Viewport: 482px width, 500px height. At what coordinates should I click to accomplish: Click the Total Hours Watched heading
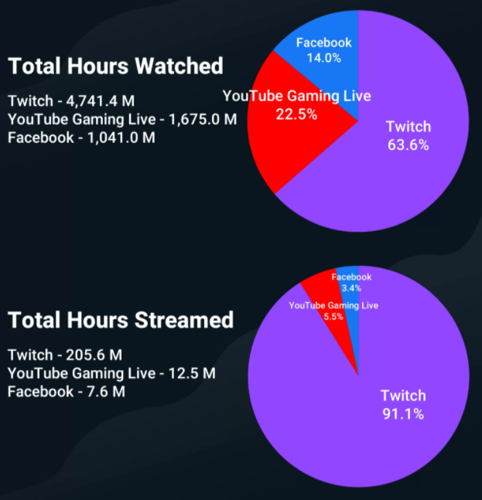(115, 66)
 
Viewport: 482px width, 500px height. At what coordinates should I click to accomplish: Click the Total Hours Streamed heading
(120, 319)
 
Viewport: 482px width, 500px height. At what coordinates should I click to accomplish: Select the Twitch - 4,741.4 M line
(80, 101)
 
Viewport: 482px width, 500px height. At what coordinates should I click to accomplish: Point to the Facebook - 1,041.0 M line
(81, 138)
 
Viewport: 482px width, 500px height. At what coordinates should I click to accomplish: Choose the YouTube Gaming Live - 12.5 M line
(111, 373)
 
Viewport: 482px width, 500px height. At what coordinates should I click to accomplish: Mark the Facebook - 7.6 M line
(66, 392)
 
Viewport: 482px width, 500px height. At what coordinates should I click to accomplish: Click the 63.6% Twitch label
(409, 145)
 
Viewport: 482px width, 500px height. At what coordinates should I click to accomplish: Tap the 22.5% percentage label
(296, 114)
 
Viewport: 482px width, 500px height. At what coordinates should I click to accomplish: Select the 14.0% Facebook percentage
(323, 58)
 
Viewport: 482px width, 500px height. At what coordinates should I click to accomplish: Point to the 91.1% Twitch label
(402, 413)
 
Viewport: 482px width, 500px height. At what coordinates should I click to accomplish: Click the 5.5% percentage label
(333, 317)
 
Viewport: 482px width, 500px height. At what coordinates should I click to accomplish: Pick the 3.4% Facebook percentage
(351, 287)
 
